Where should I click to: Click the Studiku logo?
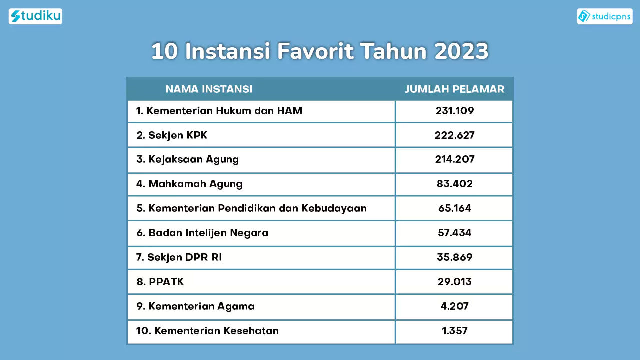tap(35, 16)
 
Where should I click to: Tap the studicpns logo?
tap(605, 16)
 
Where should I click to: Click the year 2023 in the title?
tap(461, 51)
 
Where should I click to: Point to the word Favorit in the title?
tap(315, 51)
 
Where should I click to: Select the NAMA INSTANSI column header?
tap(209, 89)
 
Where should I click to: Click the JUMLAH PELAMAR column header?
tap(454, 89)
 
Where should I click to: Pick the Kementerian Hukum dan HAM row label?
tap(219, 111)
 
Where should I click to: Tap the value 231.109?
tap(454, 111)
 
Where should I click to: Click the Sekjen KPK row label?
tap(172, 135)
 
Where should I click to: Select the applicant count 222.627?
tap(454, 135)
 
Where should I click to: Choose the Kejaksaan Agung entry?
tap(187, 159)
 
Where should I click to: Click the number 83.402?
tap(454, 184)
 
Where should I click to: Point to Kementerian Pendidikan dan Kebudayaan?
tap(251, 208)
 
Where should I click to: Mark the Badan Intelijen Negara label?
tap(202, 233)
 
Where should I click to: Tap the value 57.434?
tap(454, 233)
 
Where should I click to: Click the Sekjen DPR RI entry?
tap(179, 257)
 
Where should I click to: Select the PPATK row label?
tap(160, 282)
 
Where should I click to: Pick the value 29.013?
tap(454, 282)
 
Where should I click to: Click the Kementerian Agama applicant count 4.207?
tap(454, 306)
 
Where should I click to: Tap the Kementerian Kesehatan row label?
tap(207, 331)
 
